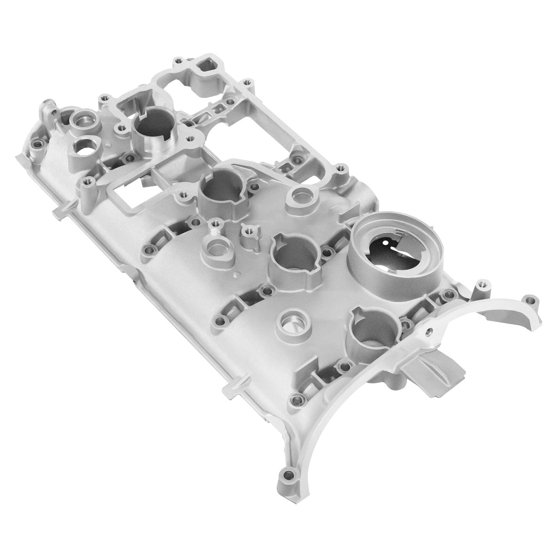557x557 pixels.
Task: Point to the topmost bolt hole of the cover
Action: pos(178,61)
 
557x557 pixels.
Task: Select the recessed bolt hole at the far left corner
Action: pos(37,146)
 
